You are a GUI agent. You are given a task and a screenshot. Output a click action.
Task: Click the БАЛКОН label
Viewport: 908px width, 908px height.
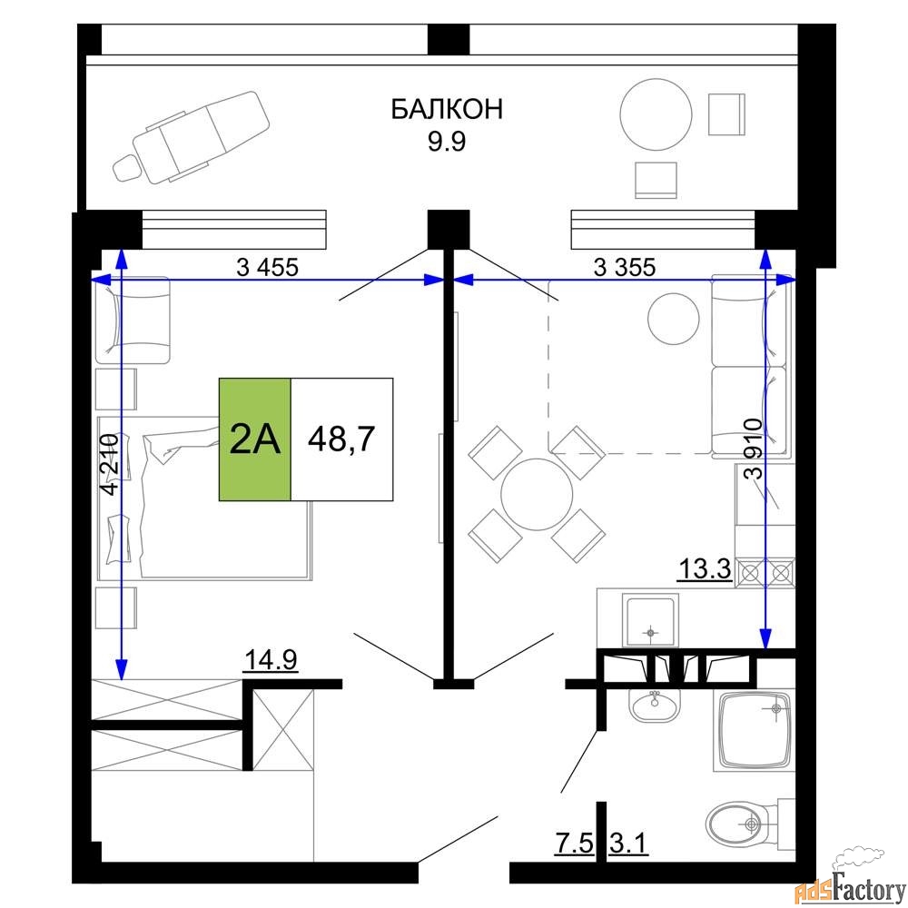point(447,109)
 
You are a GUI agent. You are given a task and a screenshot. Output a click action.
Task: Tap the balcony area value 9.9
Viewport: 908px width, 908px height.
point(447,142)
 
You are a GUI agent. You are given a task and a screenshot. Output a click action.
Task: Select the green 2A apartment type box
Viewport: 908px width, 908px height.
point(255,439)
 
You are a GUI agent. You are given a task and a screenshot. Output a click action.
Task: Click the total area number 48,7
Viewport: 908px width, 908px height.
point(341,439)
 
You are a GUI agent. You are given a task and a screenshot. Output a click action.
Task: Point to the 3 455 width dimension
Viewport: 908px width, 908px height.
point(268,268)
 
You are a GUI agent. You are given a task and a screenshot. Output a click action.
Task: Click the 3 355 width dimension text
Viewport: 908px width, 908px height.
point(625,268)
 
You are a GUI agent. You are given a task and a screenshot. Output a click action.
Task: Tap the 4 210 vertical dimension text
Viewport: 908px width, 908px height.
point(110,464)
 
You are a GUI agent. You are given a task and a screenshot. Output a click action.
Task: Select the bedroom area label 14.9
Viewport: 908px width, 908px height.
point(271,659)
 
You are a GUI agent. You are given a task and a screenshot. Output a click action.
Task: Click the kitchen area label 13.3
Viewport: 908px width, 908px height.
point(705,569)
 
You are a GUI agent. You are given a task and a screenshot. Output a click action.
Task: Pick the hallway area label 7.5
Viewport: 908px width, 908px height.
point(575,844)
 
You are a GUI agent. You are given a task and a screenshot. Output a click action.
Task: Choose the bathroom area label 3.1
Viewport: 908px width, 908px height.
point(628,844)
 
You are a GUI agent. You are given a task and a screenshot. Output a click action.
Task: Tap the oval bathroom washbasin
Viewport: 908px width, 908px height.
point(655,706)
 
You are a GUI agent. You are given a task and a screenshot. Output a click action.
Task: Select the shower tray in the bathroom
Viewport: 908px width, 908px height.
point(755,731)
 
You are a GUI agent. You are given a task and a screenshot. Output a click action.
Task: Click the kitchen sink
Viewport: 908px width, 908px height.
point(651,619)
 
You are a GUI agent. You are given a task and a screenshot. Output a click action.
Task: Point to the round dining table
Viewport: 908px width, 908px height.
point(537,495)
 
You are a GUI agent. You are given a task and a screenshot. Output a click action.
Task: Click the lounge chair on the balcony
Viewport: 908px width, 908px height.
point(191,137)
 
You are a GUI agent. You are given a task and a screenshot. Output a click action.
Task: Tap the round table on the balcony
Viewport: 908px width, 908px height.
point(656,114)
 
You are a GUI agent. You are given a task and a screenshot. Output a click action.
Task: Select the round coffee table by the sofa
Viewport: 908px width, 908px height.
point(674,319)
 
